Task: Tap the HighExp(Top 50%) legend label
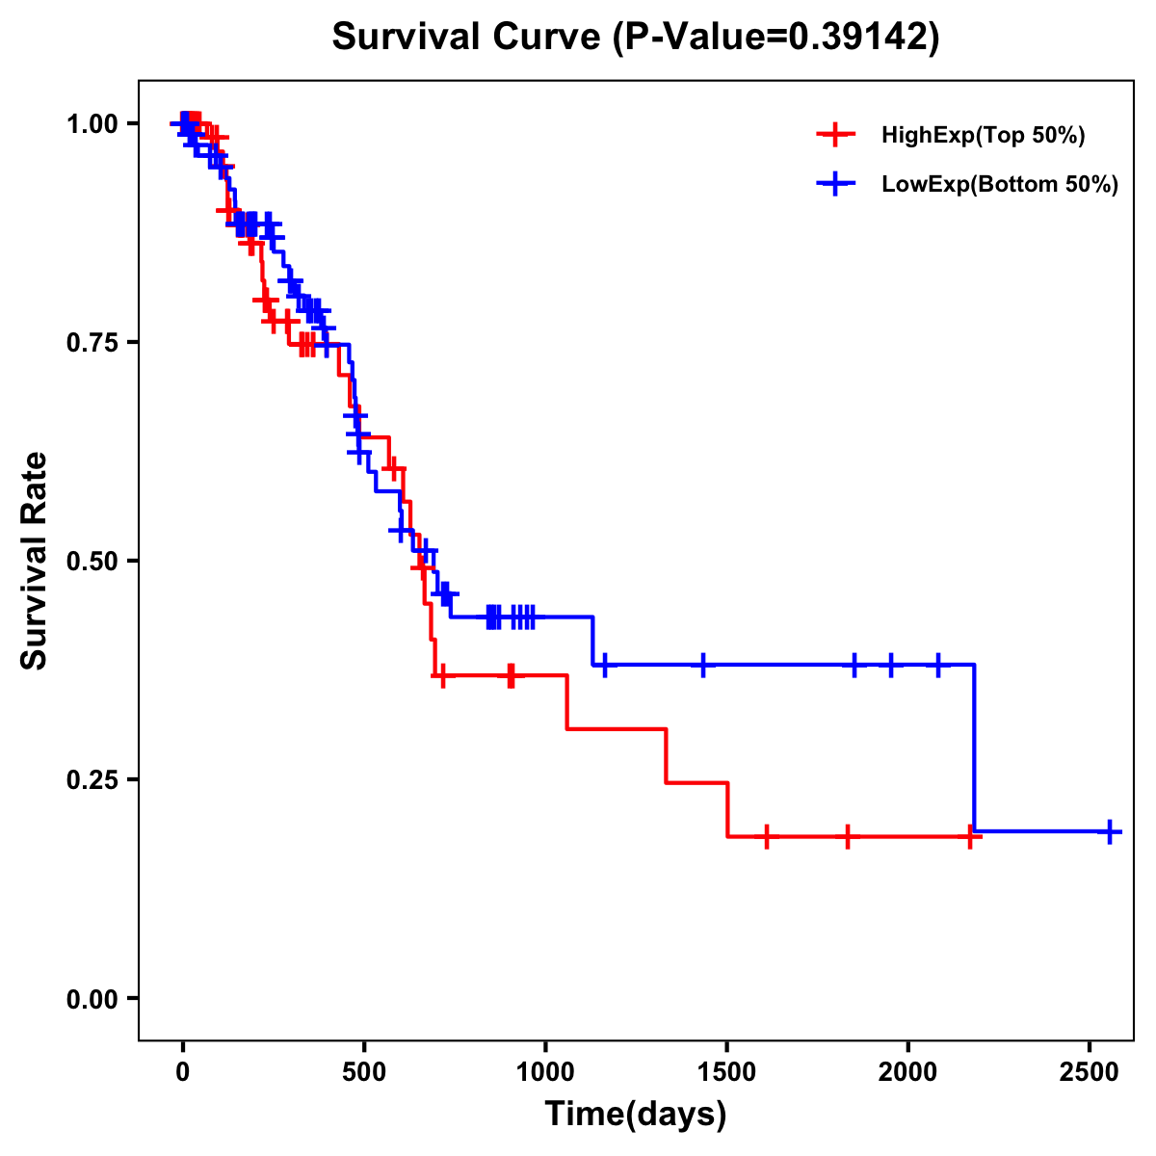pyautogui.click(x=984, y=136)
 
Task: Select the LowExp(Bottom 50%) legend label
pyautogui.click(x=1000, y=185)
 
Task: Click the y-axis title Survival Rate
pyautogui.click(x=35, y=560)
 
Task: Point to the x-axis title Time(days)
pyautogui.click(x=636, y=1115)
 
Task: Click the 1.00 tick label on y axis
pyautogui.click(x=92, y=124)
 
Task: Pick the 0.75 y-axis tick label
pyautogui.click(x=92, y=343)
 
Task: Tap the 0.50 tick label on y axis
pyautogui.click(x=92, y=562)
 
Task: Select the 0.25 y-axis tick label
pyautogui.click(x=92, y=780)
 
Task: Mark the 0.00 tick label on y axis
pyautogui.click(x=92, y=999)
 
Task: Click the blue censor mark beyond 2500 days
pyautogui.click(x=1110, y=831)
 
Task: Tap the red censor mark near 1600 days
pyautogui.click(x=767, y=837)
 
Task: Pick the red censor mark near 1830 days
pyautogui.click(x=848, y=837)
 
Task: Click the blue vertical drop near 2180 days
pyautogui.click(x=975, y=747)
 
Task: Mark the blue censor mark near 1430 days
pyautogui.click(x=703, y=665)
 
